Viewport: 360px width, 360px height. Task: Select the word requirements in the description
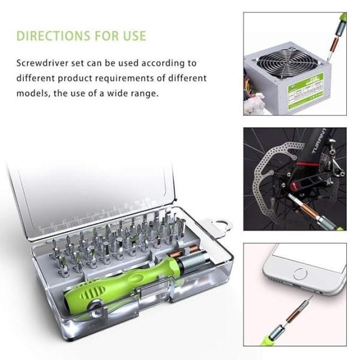click(151, 78)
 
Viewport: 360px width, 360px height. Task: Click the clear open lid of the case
click(96, 192)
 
